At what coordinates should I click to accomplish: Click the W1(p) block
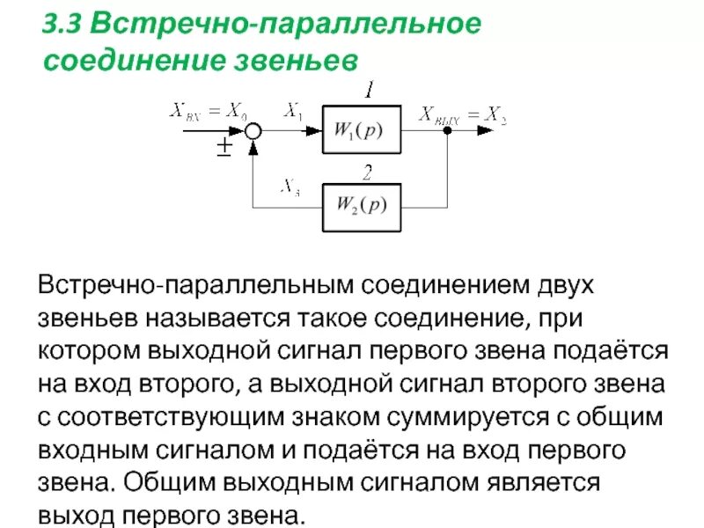362,130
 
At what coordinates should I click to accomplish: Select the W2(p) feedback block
362,208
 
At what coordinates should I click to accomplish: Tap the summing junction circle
252,131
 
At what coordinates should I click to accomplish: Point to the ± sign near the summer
224,147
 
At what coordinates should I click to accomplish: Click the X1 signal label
293,111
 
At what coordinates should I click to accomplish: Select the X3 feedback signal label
290,186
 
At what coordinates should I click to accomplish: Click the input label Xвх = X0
209,111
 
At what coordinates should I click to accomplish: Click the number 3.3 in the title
62,25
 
